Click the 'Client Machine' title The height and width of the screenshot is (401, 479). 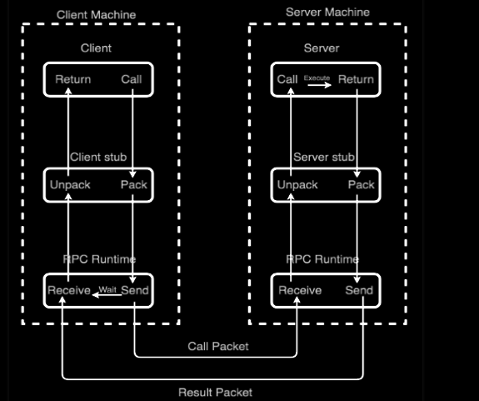pyautogui.click(x=96, y=15)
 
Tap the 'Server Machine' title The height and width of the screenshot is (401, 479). pyautogui.click(x=327, y=13)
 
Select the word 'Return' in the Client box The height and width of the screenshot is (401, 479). pyautogui.click(x=73, y=79)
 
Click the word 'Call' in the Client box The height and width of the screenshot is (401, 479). pyautogui.click(x=132, y=79)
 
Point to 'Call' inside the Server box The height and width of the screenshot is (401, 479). pyautogui.click(x=287, y=79)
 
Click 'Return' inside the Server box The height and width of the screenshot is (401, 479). pyautogui.click(x=356, y=79)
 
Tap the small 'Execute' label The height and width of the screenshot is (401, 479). pyautogui.click(x=317, y=78)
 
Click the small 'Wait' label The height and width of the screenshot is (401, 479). pyautogui.click(x=108, y=289)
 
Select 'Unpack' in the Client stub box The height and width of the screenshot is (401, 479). pyautogui.click(x=71, y=184)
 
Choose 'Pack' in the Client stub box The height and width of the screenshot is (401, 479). pyautogui.click(x=133, y=184)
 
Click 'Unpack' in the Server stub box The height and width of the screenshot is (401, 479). pyautogui.click(x=297, y=184)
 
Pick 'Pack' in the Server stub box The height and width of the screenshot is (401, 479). pyautogui.click(x=361, y=184)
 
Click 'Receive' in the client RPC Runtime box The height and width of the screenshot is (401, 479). pyautogui.click(x=68, y=290)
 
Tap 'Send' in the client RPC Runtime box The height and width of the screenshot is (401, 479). pyautogui.click(x=134, y=290)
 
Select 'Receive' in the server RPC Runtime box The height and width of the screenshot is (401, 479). pyautogui.click(x=300, y=290)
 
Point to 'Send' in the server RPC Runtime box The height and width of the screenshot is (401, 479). pyautogui.click(x=359, y=290)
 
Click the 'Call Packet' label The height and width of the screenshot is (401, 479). pyautogui.click(x=217, y=345)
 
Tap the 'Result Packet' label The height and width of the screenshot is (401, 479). pyautogui.click(x=215, y=392)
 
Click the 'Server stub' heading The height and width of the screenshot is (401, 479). pyautogui.click(x=324, y=157)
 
